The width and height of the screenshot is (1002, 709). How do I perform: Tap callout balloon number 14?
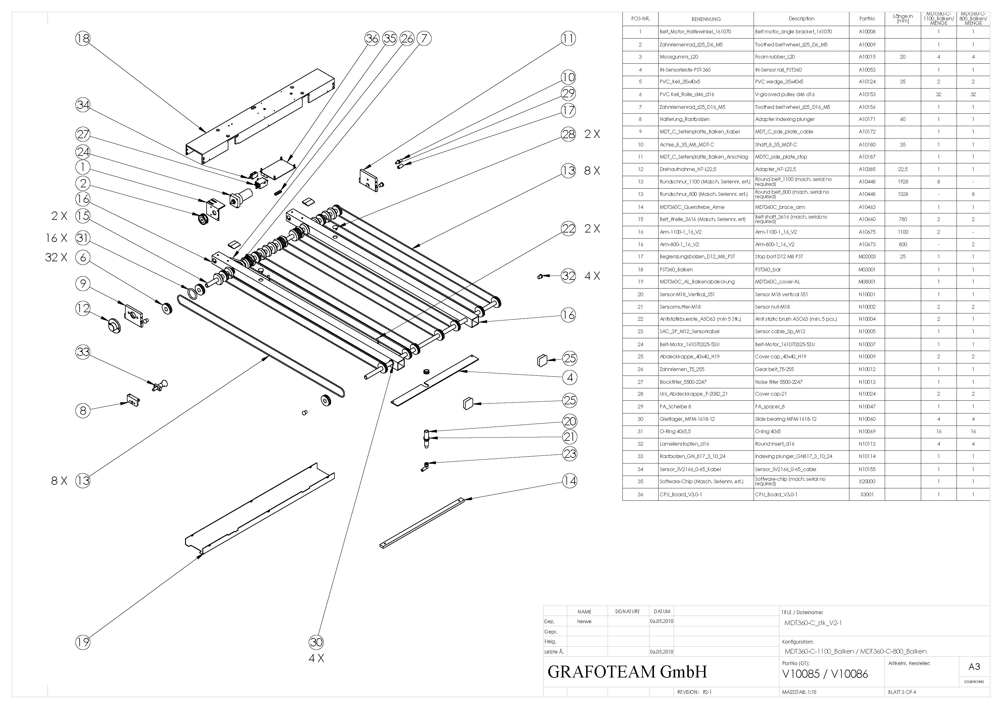pyautogui.click(x=569, y=481)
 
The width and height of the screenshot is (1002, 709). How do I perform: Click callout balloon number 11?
pyautogui.click(x=568, y=38)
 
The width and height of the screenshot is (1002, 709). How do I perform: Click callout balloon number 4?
pyautogui.click(x=569, y=377)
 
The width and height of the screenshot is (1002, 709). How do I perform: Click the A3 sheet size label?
pyautogui.click(x=974, y=667)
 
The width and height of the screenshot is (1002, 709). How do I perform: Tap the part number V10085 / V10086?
pyautogui.click(x=825, y=674)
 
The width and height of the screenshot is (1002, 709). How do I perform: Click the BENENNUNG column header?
pyautogui.click(x=706, y=19)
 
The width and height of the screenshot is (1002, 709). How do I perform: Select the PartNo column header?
pyautogui.click(x=867, y=19)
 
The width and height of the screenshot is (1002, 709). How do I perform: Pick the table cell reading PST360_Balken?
pyautogui.click(x=676, y=269)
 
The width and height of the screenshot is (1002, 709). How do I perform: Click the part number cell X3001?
pyautogui.click(x=867, y=494)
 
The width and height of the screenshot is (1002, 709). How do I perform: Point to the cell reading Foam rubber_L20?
pyautogui.click(x=775, y=57)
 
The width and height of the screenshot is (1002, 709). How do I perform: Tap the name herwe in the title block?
pyautogui.click(x=584, y=621)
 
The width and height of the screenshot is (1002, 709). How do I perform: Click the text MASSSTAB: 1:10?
pyautogui.click(x=799, y=692)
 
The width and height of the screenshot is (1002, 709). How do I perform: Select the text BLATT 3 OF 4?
pyautogui.click(x=902, y=692)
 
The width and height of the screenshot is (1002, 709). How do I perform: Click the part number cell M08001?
pyautogui.click(x=867, y=282)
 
